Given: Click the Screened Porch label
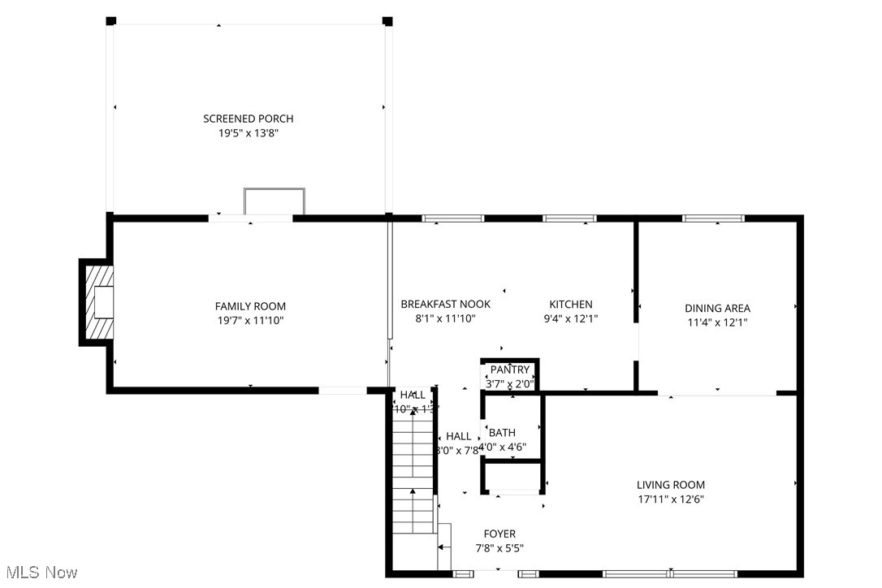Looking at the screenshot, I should coord(248,119).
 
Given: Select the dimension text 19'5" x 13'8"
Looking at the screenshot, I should coord(248,132).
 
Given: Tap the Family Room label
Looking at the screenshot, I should coord(250,306).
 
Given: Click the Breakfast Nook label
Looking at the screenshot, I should coord(445,305).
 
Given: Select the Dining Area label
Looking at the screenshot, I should coord(717,308).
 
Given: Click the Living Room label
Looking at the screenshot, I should coord(670,485).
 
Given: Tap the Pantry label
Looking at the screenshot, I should coord(509,370).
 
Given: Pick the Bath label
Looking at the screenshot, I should coord(502,433).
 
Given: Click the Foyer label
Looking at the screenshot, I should coord(499,534).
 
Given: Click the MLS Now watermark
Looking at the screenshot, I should coord(40,573).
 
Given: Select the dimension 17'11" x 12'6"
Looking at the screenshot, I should coord(670,499).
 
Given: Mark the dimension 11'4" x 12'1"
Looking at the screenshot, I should coord(717,322).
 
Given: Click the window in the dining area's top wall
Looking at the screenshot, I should coord(713,218).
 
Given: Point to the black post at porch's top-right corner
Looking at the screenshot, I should coord(387,21).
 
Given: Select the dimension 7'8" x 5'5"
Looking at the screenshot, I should coord(499,547).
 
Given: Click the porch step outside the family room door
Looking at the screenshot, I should coord(275,201).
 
